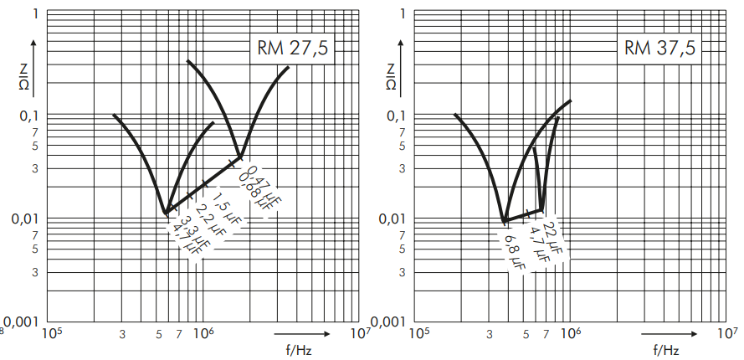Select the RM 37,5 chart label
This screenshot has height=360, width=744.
(x=659, y=49)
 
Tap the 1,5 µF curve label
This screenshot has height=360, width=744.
(x=223, y=203)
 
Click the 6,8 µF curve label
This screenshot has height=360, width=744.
(x=513, y=249)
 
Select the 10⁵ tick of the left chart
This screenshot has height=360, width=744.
(x=51, y=333)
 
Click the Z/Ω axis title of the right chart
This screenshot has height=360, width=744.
(x=392, y=77)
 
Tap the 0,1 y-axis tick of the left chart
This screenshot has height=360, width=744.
(x=29, y=116)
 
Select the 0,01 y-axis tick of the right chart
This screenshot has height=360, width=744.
(x=393, y=219)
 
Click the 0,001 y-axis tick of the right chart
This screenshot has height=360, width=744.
(x=388, y=322)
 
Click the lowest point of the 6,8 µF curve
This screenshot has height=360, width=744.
(x=504, y=221)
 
